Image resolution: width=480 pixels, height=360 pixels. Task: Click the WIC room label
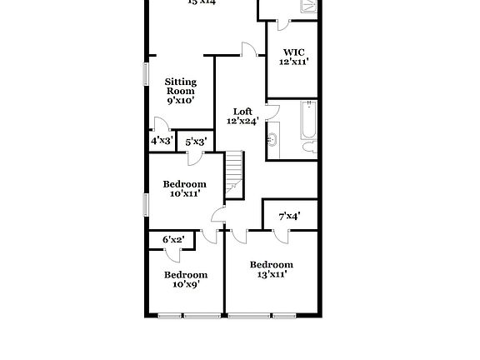293,52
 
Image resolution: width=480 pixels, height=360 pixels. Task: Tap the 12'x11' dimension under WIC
293,62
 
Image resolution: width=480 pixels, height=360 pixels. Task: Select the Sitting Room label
180,87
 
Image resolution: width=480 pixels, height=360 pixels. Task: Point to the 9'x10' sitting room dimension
180,100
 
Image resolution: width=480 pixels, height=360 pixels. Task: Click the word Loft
242,111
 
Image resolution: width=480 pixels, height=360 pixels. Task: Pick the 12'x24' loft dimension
242,121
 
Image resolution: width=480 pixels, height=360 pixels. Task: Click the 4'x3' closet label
162,142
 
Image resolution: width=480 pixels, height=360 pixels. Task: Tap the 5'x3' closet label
195,142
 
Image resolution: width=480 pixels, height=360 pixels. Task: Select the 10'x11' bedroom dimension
184,194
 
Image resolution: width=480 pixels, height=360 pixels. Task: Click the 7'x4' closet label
289,216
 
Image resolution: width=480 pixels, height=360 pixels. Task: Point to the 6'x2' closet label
173,240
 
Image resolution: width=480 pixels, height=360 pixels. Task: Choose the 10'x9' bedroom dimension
185,284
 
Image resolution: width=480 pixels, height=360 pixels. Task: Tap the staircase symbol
234,175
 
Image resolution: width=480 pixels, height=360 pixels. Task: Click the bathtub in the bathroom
308,122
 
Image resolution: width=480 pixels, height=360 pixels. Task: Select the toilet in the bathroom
309,147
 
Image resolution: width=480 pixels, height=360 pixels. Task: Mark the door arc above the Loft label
247,50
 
